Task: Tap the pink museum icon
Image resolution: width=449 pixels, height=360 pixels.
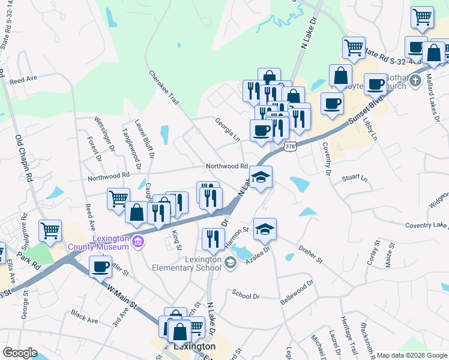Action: (x=138, y=242)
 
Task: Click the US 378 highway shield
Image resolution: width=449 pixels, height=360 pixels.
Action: (x=290, y=146)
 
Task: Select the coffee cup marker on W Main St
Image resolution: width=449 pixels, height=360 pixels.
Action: (x=100, y=266)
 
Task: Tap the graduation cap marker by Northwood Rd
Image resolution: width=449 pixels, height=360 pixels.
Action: (x=261, y=177)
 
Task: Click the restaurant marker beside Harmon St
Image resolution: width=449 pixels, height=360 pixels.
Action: (x=213, y=239)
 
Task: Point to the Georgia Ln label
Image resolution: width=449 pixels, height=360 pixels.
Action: (x=228, y=129)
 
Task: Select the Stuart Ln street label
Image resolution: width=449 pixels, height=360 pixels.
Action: (x=355, y=178)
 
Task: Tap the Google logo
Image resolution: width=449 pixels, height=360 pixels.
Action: (x=20, y=353)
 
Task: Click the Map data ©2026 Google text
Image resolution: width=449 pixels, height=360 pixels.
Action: (x=411, y=355)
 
